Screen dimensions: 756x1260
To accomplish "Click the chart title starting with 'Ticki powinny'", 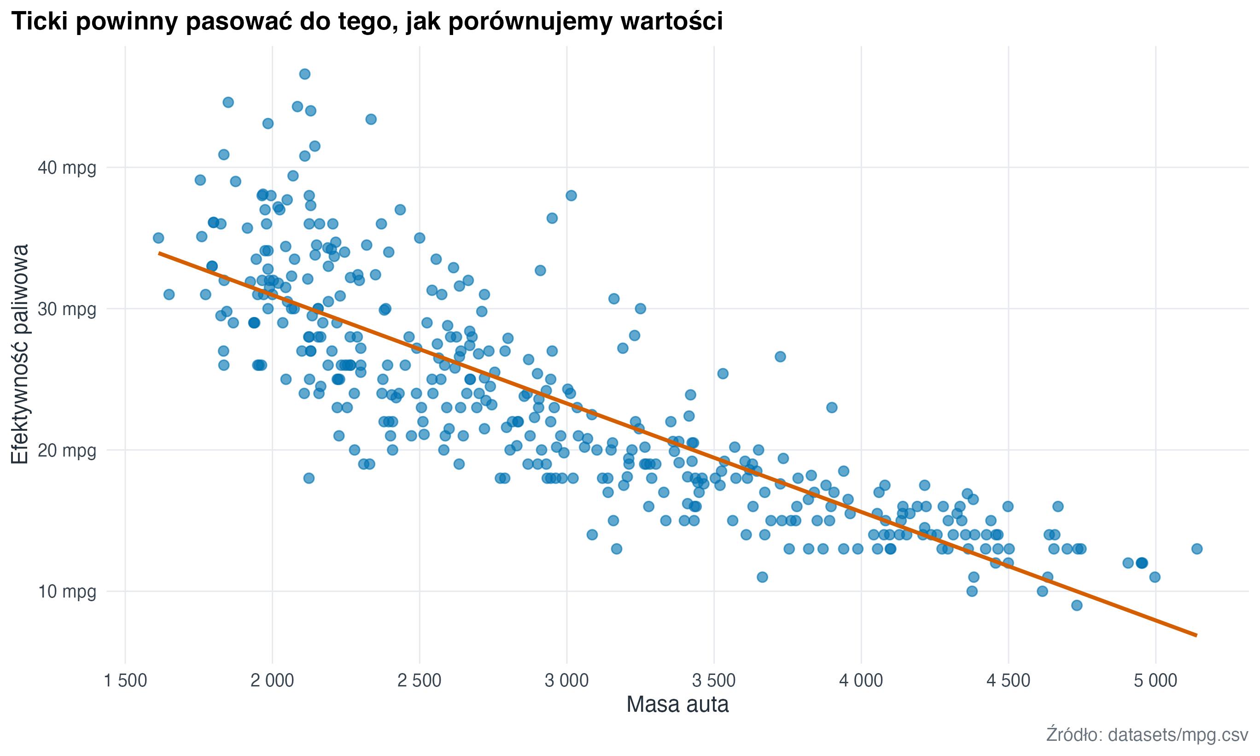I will (x=367, y=21).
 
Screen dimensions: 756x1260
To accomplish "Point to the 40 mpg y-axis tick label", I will (x=67, y=168).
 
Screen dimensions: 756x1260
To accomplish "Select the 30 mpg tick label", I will (x=67, y=309).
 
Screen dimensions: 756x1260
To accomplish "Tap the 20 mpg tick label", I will (x=67, y=451).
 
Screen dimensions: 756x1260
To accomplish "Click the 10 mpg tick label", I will (x=67, y=592).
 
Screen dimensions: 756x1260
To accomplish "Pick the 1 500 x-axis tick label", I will (x=125, y=680).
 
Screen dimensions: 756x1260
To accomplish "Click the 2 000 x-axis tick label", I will (x=272, y=680).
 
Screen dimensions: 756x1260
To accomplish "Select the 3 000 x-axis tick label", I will (x=566, y=680).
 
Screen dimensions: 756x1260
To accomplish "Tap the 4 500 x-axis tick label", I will (x=1008, y=680).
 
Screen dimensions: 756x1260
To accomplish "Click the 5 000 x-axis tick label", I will (x=1155, y=680).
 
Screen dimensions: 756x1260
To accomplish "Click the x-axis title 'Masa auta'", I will (x=677, y=705).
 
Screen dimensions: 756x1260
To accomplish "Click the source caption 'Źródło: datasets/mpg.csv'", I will (x=1147, y=735).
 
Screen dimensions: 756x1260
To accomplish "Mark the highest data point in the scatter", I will (x=304, y=74).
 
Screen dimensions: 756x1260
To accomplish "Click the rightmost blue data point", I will (x=1197, y=549).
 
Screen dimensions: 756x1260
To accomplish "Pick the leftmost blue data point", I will (x=158, y=238).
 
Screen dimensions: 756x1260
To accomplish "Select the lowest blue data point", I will (x=1077, y=605).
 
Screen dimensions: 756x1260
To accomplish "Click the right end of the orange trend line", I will (x=1196, y=635).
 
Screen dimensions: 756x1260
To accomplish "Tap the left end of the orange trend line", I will (x=159, y=252).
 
